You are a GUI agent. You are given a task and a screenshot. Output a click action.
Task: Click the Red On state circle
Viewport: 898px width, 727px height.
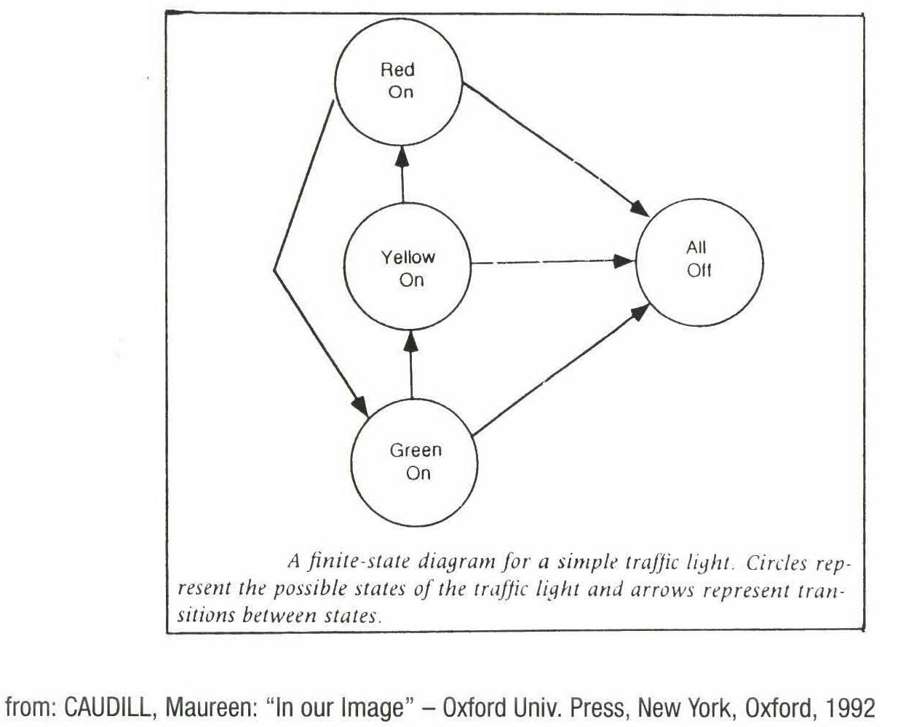click(399, 80)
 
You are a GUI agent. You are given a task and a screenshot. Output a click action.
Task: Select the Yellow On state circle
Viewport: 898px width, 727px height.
click(408, 267)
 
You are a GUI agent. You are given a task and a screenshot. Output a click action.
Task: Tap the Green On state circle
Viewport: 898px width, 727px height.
click(416, 461)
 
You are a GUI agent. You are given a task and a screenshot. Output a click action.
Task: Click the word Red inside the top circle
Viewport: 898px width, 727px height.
click(397, 70)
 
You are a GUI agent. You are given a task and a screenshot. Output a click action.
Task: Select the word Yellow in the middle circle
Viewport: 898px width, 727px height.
click(408, 257)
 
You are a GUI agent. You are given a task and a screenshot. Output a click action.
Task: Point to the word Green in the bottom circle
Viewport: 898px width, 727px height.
click(416, 450)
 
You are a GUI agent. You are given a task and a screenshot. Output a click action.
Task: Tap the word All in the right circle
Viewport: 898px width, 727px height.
click(696, 247)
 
